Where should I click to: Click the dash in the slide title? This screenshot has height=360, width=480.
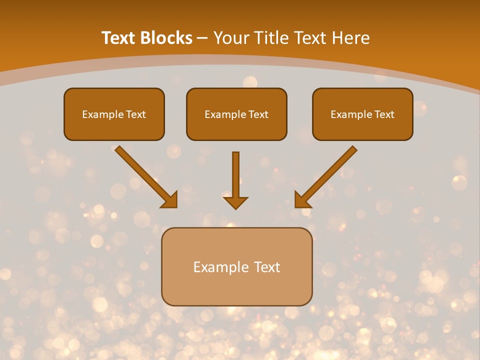click(x=202, y=38)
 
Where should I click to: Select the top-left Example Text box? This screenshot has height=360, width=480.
click(x=114, y=114)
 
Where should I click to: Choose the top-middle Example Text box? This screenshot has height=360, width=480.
click(x=236, y=114)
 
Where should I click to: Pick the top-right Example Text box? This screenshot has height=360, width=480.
click(x=362, y=114)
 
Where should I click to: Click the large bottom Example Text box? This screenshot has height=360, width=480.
click(x=236, y=266)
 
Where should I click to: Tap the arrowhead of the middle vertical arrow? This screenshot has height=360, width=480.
click(x=235, y=202)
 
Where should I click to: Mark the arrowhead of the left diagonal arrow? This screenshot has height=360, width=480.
click(x=170, y=200)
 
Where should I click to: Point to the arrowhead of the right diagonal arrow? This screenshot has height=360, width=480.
click(x=301, y=200)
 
